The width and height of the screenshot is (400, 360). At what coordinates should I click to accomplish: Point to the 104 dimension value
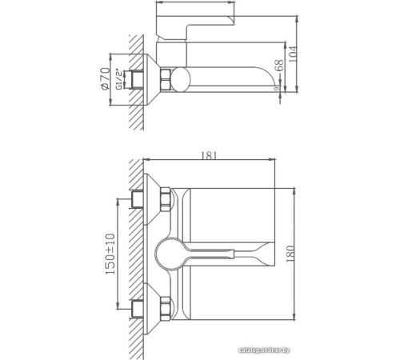(x=298, y=53)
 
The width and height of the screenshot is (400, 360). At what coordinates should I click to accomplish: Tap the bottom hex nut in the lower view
(x=165, y=307)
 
